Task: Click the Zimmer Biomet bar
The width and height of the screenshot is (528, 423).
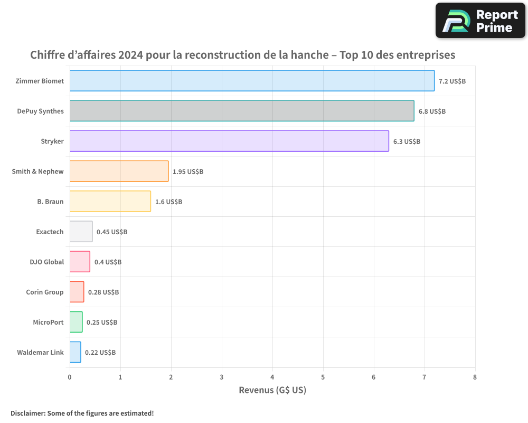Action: (252, 81)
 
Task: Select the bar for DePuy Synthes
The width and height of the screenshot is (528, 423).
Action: (242, 111)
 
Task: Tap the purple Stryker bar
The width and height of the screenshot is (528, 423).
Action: (229, 141)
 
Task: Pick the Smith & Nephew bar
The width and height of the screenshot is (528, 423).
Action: (119, 171)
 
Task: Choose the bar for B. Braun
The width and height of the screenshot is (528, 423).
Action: (110, 201)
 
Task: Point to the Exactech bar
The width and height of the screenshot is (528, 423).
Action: (81, 232)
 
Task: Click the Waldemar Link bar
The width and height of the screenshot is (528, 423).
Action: (75, 352)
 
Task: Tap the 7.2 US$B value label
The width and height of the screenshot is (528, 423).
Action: (452, 81)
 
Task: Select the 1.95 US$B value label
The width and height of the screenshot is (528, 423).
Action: (188, 172)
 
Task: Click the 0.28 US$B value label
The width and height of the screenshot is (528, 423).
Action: (103, 292)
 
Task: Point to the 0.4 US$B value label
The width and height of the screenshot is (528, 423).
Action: (108, 262)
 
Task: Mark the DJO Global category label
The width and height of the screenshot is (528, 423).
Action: (47, 262)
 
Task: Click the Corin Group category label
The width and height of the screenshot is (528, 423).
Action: (45, 292)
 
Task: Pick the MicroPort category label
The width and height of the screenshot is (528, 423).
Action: (48, 322)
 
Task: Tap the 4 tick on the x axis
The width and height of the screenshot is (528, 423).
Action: (272, 377)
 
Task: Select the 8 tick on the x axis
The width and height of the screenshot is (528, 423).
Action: (475, 377)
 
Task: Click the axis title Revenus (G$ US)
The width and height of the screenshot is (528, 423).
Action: (272, 390)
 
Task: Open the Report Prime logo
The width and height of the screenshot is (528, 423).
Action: (480, 21)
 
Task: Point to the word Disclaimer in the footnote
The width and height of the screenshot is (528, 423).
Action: (26, 413)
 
